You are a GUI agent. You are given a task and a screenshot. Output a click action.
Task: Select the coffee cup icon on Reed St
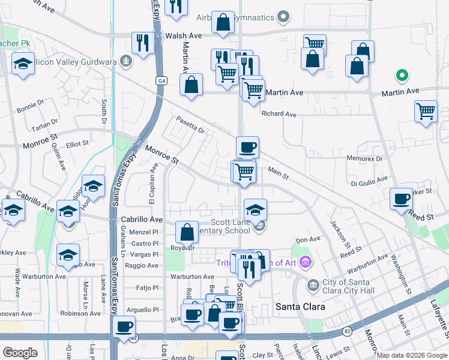point(401,199)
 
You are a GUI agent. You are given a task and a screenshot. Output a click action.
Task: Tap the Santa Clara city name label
point(300,307)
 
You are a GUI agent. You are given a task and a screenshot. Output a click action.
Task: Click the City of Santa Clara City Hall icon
point(312,284)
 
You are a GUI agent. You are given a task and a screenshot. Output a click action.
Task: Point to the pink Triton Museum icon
point(306,262)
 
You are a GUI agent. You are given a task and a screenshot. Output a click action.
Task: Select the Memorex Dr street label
point(364,159)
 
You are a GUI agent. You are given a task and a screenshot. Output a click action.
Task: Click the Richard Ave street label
point(279,114)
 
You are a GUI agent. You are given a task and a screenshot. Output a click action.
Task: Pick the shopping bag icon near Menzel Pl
point(187,232)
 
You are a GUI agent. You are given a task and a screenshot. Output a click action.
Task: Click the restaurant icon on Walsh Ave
point(143,43)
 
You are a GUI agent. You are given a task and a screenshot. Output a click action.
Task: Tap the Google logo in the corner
point(20,353)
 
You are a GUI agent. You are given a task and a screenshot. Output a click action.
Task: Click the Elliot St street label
point(77,144)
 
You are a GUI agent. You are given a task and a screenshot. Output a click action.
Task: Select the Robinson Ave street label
point(80,313)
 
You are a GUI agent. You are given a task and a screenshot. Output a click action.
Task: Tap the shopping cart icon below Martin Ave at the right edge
point(426,111)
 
